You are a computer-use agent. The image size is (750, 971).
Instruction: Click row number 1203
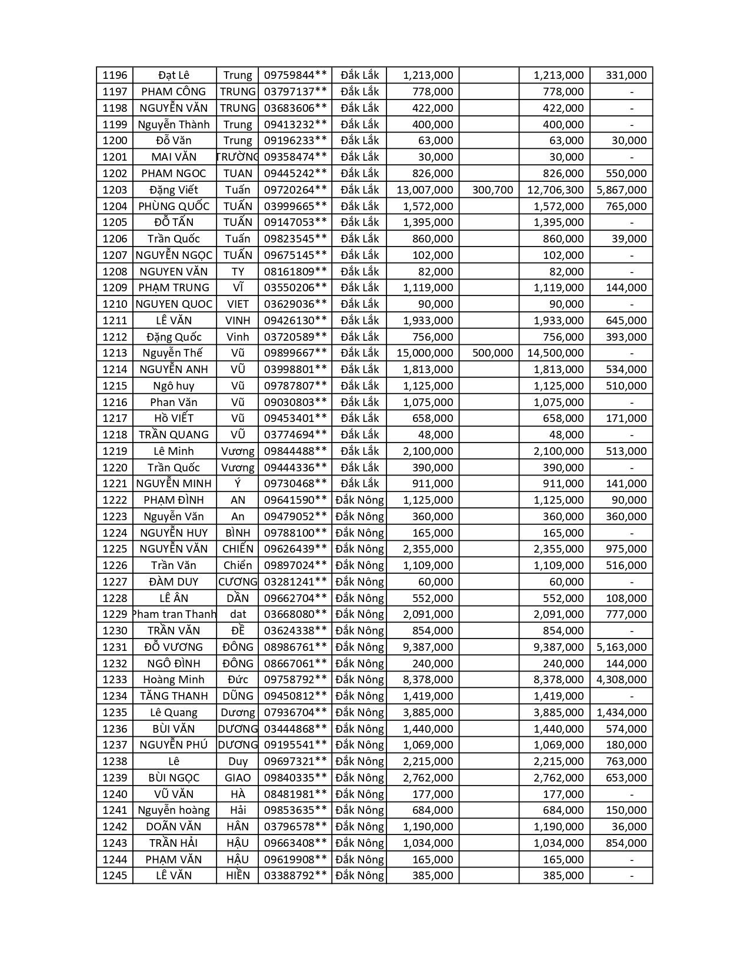115,189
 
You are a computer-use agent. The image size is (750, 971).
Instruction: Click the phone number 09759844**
295,75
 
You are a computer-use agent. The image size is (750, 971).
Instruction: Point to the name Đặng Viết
174,189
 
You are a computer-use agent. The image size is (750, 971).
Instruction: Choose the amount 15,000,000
425,353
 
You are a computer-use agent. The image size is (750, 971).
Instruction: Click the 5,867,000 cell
621,189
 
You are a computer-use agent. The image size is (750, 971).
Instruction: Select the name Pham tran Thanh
175,614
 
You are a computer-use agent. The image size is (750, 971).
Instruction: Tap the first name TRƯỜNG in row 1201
238,157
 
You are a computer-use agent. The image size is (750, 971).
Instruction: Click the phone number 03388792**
295,876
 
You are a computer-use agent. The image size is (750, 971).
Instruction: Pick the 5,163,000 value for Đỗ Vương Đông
621,647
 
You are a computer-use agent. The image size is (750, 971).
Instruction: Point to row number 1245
115,876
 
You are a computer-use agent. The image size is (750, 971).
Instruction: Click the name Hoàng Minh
174,680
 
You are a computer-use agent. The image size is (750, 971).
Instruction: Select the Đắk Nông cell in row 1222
359,500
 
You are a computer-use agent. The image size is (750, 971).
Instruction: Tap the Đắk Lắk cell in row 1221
359,484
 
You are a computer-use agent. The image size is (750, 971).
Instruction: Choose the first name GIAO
238,777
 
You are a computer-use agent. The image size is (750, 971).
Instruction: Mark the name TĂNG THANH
174,696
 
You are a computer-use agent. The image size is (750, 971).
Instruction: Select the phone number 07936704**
295,712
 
